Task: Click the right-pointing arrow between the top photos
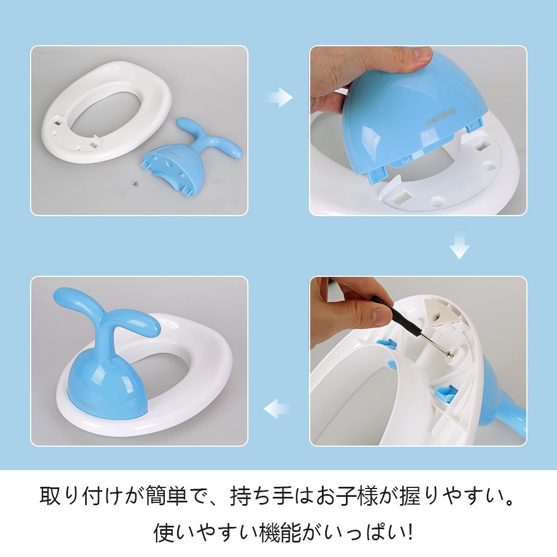tap(280, 97)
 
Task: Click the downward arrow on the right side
tap(460, 245)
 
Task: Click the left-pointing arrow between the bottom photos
tap(277, 408)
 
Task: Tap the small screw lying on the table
tap(135, 183)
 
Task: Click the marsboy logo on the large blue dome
tap(440, 117)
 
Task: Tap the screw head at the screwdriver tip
tap(449, 354)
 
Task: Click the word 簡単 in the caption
tap(167, 495)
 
